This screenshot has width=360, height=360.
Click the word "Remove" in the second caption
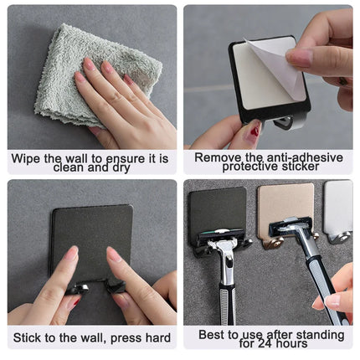[218, 157]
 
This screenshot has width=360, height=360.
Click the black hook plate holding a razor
[216, 209]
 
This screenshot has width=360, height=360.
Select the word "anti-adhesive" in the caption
[295, 157]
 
